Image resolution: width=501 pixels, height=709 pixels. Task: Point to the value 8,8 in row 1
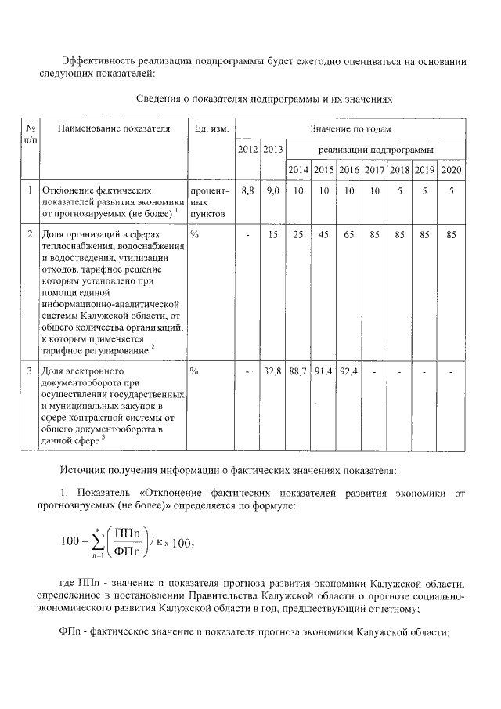(247, 190)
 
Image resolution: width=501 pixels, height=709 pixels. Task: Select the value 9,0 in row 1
(272, 190)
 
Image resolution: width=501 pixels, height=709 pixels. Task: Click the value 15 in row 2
(272, 234)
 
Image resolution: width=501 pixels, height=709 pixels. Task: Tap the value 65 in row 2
(348, 234)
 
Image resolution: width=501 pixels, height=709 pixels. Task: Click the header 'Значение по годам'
(350, 128)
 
